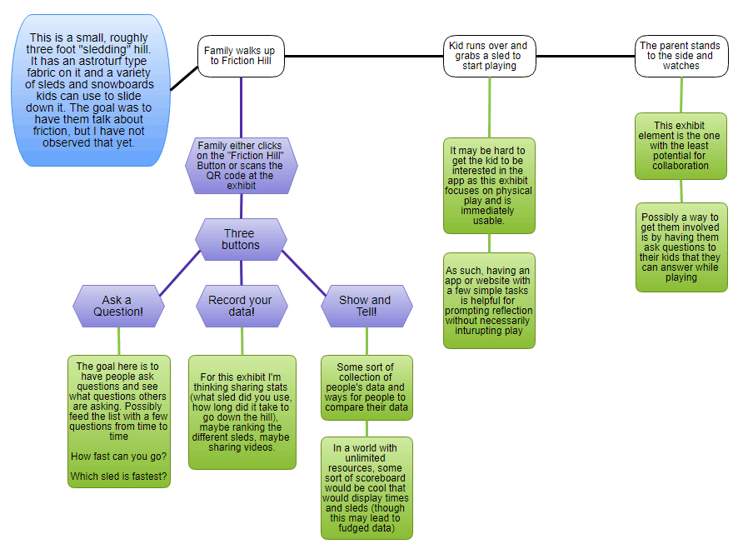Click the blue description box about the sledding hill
click(x=92, y=90)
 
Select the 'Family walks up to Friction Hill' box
click(x=242, y=56)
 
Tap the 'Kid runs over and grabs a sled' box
click(x=489, y=56)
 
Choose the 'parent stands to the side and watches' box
click(x=681, y=56)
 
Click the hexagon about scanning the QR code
click(x=242, y=167)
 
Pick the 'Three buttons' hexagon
click(x=241, y=239)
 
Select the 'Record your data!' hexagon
click(x=242, y=306)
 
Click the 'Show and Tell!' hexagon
click(x=367, y=306)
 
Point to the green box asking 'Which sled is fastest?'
click(x=119, y=421)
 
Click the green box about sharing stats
click(x=242, y=412)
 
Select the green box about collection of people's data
click(x=367, y=388)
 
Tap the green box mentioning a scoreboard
click(x=367, y=487)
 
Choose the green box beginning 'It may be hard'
click(x=489, y=186)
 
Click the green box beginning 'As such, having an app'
click(x=489, y=300)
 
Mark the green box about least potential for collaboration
click(x=681, y=146)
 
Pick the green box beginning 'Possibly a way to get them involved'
click(x=681, y=247)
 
